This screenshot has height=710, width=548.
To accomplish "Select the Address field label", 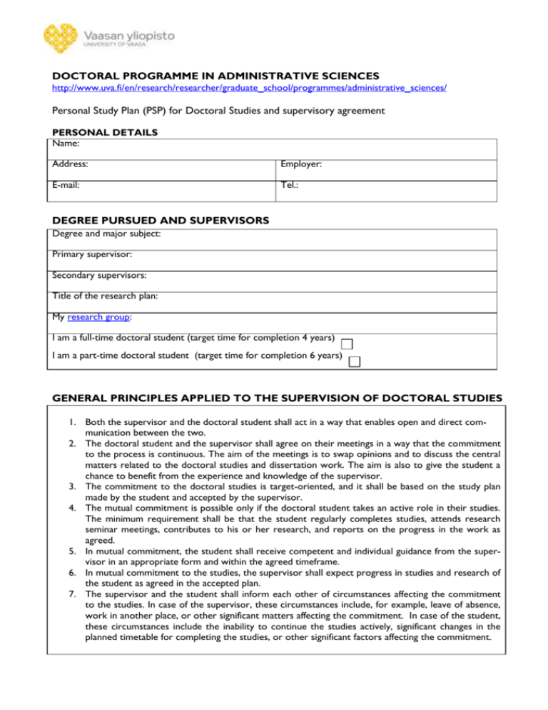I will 71,164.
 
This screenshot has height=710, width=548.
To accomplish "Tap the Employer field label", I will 303,164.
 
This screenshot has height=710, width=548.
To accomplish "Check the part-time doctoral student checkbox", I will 354,361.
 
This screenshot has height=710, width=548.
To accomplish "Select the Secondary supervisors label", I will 98,276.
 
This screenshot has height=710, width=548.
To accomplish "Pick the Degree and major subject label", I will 108,234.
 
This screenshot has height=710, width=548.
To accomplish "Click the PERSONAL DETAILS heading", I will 101,132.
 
